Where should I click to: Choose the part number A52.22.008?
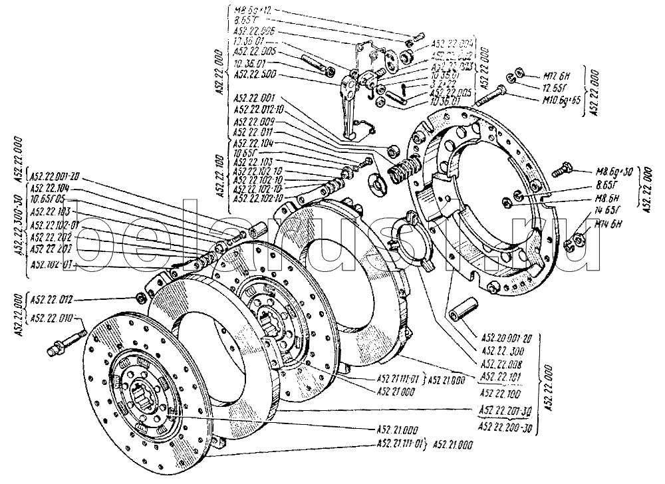point(504,364)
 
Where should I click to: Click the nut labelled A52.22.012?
point(140,297)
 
